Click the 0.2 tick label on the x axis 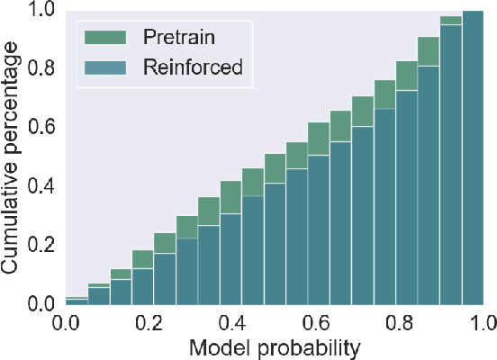click(x=149, y=321)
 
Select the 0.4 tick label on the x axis click(x=233, y=321)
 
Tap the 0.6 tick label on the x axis click(x=317, y=321)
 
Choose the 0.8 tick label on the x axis click(x=400, y=321)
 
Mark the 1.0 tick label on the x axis click(x=482, y=321)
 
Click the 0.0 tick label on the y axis click(x=41, y=305)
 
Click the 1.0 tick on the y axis click(x=41, y=12)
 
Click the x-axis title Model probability click(x=274, y=346)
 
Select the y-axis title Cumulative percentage click(x=13, y=157)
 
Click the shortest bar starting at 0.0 click(x=77, y=301)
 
